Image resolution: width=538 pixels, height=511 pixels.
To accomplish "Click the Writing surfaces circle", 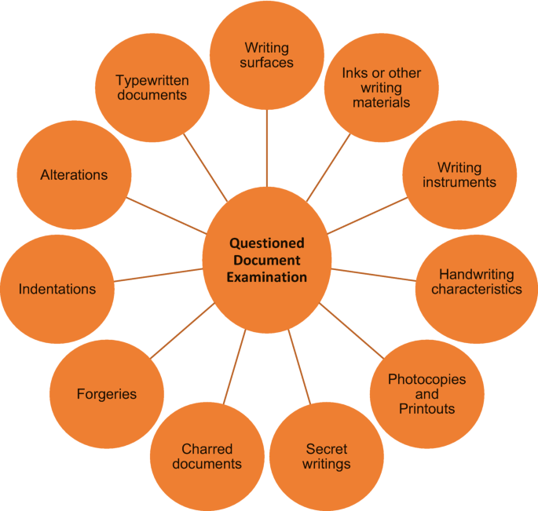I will click(x=267, y=55).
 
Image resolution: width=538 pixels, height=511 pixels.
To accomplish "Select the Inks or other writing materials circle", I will click(x=381, y=88).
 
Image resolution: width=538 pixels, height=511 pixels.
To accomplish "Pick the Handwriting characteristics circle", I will click(x=476, y=283).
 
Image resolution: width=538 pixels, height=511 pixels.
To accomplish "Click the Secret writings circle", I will click(x=326, y=457).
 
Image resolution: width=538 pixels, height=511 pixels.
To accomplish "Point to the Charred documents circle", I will click(x=207, y=457).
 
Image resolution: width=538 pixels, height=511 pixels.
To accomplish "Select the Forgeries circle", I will click(x=107, y=394).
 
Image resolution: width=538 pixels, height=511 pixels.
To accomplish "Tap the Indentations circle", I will click(x=57, y=289).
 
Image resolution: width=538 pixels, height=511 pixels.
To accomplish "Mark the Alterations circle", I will click(x=74, y=175).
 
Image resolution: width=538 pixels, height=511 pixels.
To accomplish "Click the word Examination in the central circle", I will click(x=266, y=277).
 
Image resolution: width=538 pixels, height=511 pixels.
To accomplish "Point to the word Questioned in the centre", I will click(x=266, y=243).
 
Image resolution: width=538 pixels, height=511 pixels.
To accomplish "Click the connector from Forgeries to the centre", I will click(x=181, y=330).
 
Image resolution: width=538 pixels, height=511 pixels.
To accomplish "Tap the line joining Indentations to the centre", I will click(x=157, y=275).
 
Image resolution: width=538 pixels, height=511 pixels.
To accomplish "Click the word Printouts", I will click(x=426, y=408).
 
